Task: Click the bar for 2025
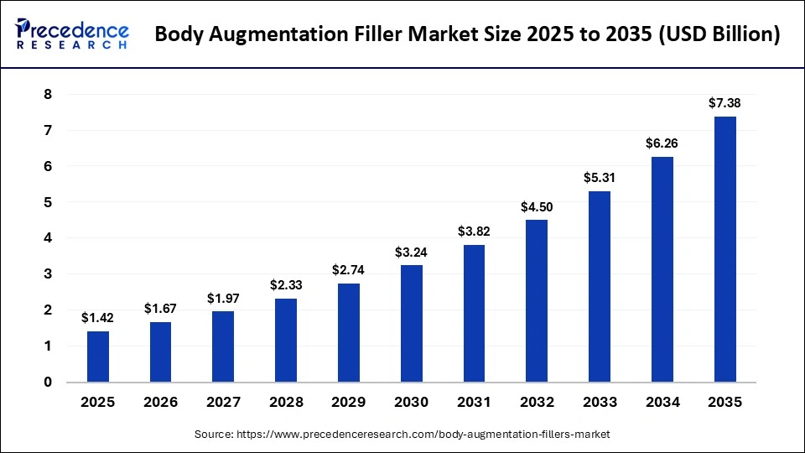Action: pyautogui.click(x=98, y=357)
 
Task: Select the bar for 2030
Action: pyautogui.click(x=412, y=324)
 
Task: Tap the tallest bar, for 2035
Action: pyautogui.click(x=724, y=249)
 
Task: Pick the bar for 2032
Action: pyautogui.click(x=537, y=301)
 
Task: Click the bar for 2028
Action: pyautogui.click(x=286, y=340)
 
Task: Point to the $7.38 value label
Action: pyautogui.click(x=724, y=103)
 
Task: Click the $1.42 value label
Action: pyautogui.click(x=98, y=318)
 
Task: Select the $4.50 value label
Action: pyautogui.click(x=537, y=206)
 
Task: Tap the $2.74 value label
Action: pyautogui.click(x=349, y=270)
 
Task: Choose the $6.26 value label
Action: pyautogui.click(x=662, y=143)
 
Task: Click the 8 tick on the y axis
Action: pyautogui.click(x=48, y=95)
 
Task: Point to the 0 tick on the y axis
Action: pyautogui.click(x=48, y=383)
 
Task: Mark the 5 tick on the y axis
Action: pyautogui.click(x=48, y=202)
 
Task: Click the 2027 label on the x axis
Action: pyautogui.click(x=223, y=403)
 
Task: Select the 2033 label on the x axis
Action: pyautogui.click(x=599, y=403)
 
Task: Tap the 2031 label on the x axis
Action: pyautogui.click(x=474, y=403)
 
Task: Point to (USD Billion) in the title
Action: pyautogui.click(x=718, y=35)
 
